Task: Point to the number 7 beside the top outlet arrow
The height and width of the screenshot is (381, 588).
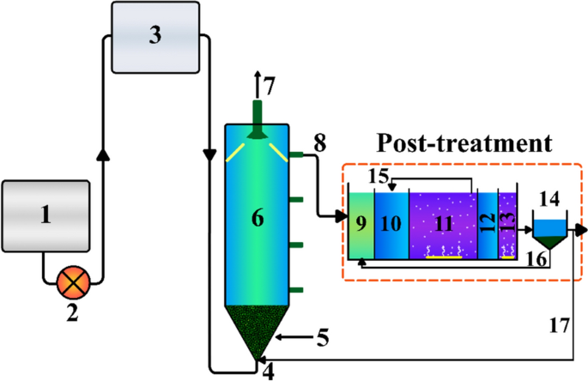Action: (270, 87)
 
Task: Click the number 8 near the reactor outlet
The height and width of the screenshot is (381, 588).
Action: (318, 144)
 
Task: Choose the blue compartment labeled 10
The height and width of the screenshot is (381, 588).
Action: (391, 225)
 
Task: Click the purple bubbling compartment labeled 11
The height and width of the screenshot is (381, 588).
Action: (442, 225)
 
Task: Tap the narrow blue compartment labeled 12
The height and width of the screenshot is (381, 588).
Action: (488, 225)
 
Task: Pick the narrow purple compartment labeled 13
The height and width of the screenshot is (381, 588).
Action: (506, 225)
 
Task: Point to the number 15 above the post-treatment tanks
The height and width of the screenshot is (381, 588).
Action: (378, 177)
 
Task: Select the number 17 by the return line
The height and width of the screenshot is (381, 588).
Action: (558, 325)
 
